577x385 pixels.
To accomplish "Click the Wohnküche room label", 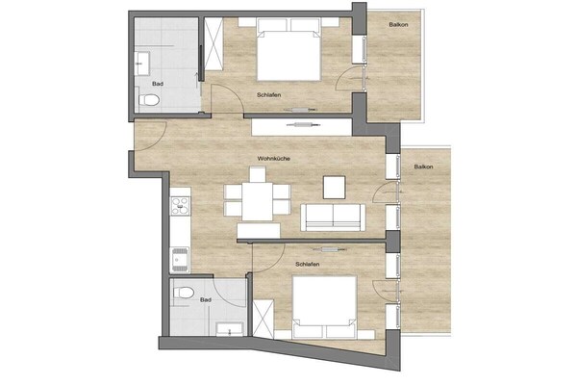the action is point(274,159).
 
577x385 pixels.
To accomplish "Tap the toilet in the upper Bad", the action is point(149,99).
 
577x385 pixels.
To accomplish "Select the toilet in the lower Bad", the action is point(184,293).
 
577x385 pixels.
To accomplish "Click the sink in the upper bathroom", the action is point(141,64).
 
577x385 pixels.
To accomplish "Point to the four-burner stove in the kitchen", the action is point(180,206).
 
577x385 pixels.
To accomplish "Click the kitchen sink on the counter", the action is point(180,260).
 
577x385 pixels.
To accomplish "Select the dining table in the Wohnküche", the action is point(257,201).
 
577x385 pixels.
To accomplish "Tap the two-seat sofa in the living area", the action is point(333,218).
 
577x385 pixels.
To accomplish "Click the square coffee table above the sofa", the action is point(334,188).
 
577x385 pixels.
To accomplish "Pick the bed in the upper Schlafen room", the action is point(288,49).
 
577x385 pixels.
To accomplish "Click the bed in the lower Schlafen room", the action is point(324,307).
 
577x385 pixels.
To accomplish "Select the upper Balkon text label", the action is point(398,25).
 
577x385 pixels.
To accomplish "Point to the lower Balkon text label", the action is point(423,167).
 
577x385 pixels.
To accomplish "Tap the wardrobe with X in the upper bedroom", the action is point(213,44).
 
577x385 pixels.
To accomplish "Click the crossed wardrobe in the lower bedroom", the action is point(263,319).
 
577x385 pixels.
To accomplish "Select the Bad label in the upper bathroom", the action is point(158,84).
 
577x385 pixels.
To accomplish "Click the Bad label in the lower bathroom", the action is point(206,300).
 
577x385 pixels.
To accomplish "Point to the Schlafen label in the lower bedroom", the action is point(308,264).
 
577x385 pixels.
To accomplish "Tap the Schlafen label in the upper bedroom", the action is point(269,95).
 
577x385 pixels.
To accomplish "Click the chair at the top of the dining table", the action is point(258,174).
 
